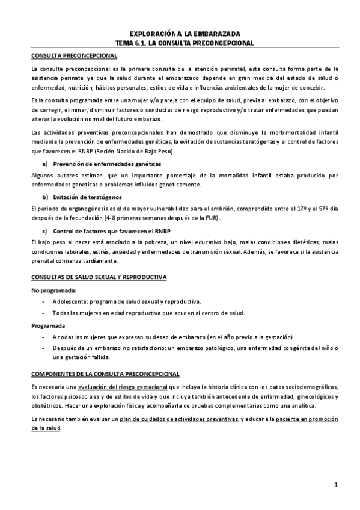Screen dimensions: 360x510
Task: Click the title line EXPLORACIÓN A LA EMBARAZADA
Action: [185, 34]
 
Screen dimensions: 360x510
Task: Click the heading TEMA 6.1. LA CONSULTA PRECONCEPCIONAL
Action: [185, 43]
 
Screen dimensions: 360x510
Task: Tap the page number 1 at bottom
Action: [337, 485]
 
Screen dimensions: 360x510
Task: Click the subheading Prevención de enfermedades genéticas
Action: [106, 164]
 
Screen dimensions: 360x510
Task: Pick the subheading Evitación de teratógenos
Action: [87, 197]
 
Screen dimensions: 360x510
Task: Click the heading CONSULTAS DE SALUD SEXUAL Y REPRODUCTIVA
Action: [99, 277]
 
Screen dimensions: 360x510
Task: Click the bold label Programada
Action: [47, 325]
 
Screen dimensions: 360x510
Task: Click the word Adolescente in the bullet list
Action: [70, 301]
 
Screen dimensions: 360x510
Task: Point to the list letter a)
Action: [44, 164]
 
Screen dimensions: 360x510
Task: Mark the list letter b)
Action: [44, 197]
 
